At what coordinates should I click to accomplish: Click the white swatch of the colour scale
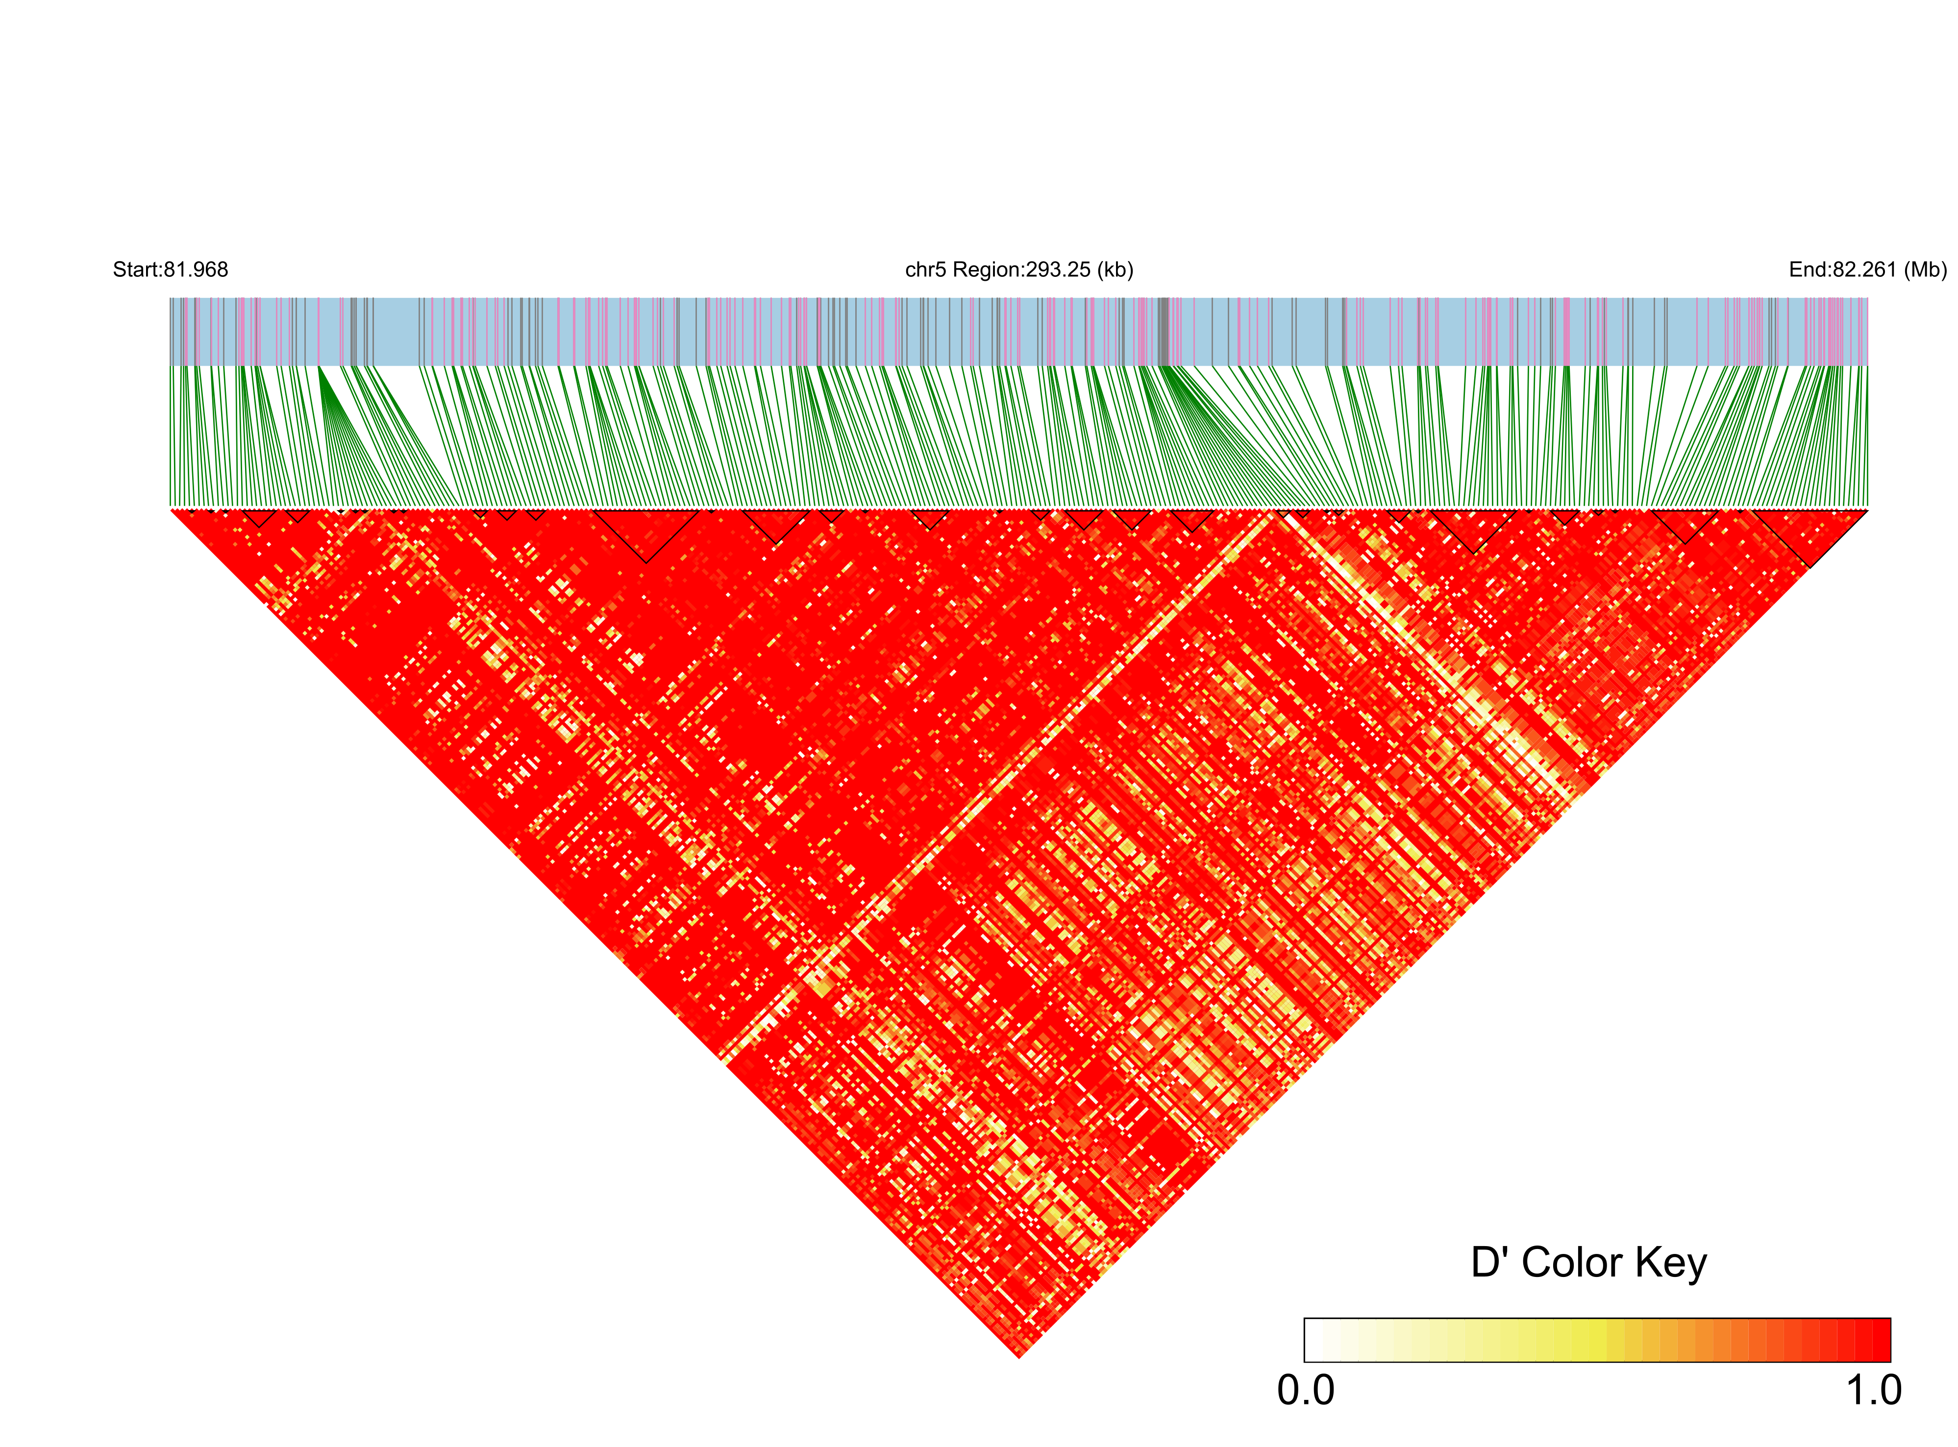pos(1314,1340)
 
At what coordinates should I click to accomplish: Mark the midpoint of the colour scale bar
pos(1597,1340)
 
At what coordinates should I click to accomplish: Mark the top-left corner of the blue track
pos(171,299)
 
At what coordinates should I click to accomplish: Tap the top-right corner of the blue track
pos(1867,299)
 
